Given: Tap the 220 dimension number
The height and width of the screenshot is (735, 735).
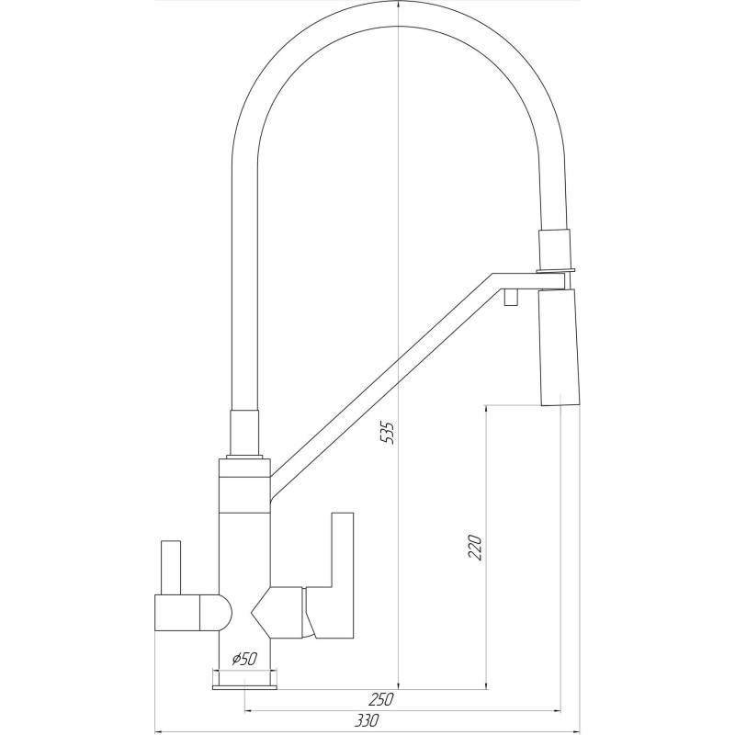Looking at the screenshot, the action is [475, 547].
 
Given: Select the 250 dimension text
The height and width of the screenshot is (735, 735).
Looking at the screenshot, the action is [380, 700].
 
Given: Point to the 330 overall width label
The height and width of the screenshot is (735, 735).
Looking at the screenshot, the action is [367, 721].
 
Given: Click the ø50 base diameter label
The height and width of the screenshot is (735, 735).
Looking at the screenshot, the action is [243, 659].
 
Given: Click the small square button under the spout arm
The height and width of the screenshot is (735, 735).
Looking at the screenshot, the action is [511, 297].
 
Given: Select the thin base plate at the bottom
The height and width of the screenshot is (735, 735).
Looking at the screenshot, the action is [244, 687].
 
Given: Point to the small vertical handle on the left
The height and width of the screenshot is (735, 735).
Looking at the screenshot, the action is [171, 567].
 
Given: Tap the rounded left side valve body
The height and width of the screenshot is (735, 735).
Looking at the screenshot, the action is [193, 612].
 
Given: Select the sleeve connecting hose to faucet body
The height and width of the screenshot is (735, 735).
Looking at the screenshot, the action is [243, 432].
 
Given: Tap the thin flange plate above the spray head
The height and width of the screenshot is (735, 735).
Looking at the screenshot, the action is [556, 270].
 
